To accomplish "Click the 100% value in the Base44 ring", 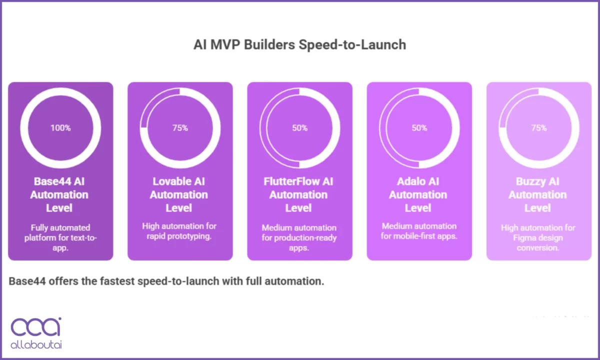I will pos(60,128).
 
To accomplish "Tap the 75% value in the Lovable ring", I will pos(180,128).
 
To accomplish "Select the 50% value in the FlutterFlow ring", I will pos(300,128).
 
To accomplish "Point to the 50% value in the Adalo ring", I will pos(419,128).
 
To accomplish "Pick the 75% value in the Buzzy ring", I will pos(539,128).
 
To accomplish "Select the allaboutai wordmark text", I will pos(36,345).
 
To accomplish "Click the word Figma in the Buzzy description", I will pos(523,238).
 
